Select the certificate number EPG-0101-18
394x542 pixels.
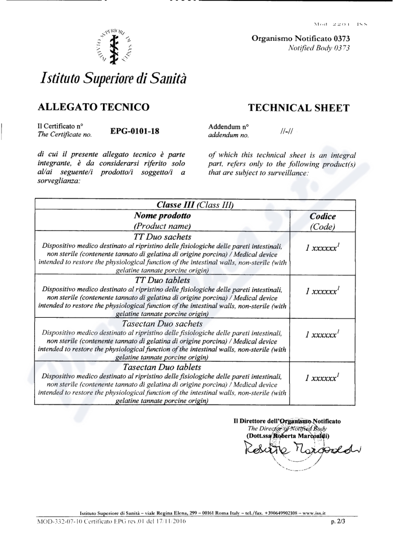(135, 131)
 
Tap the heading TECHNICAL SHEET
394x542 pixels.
(298, 108)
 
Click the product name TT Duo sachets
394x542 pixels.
(162, 237)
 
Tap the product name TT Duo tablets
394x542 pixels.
(162, 280)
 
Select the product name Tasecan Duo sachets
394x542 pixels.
(162, 323)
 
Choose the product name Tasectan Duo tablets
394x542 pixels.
(162, 367)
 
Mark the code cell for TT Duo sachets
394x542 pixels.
(323, 248)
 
